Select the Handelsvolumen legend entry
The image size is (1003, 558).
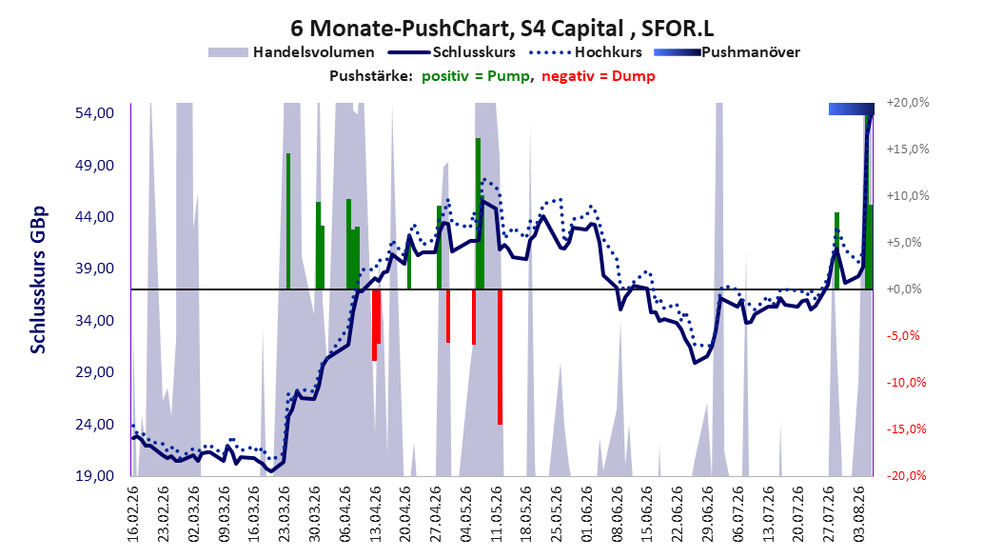tap(292, 52)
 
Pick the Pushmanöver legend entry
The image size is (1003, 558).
tap(727, 52)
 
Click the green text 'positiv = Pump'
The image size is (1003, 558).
tap(476, 76)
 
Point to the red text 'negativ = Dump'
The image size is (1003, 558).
tap(599, 76)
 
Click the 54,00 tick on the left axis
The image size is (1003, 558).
tap(94, 113)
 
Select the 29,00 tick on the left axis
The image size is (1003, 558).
tap(94, 372)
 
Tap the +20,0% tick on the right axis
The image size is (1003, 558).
tap(908, 103)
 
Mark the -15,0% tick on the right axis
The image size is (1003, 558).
tap(906, 428)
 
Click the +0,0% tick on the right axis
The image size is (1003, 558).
tap(904, 289)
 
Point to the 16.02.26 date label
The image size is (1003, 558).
tap(133, 514)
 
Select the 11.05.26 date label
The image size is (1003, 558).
tap(497, 514)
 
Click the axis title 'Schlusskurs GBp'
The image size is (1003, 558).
tap(38, 280)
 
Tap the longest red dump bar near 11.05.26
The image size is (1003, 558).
tap(500, 357)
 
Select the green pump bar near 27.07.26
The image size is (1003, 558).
tap(836, 250)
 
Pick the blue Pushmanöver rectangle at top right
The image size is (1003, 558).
tap(852, 109)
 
